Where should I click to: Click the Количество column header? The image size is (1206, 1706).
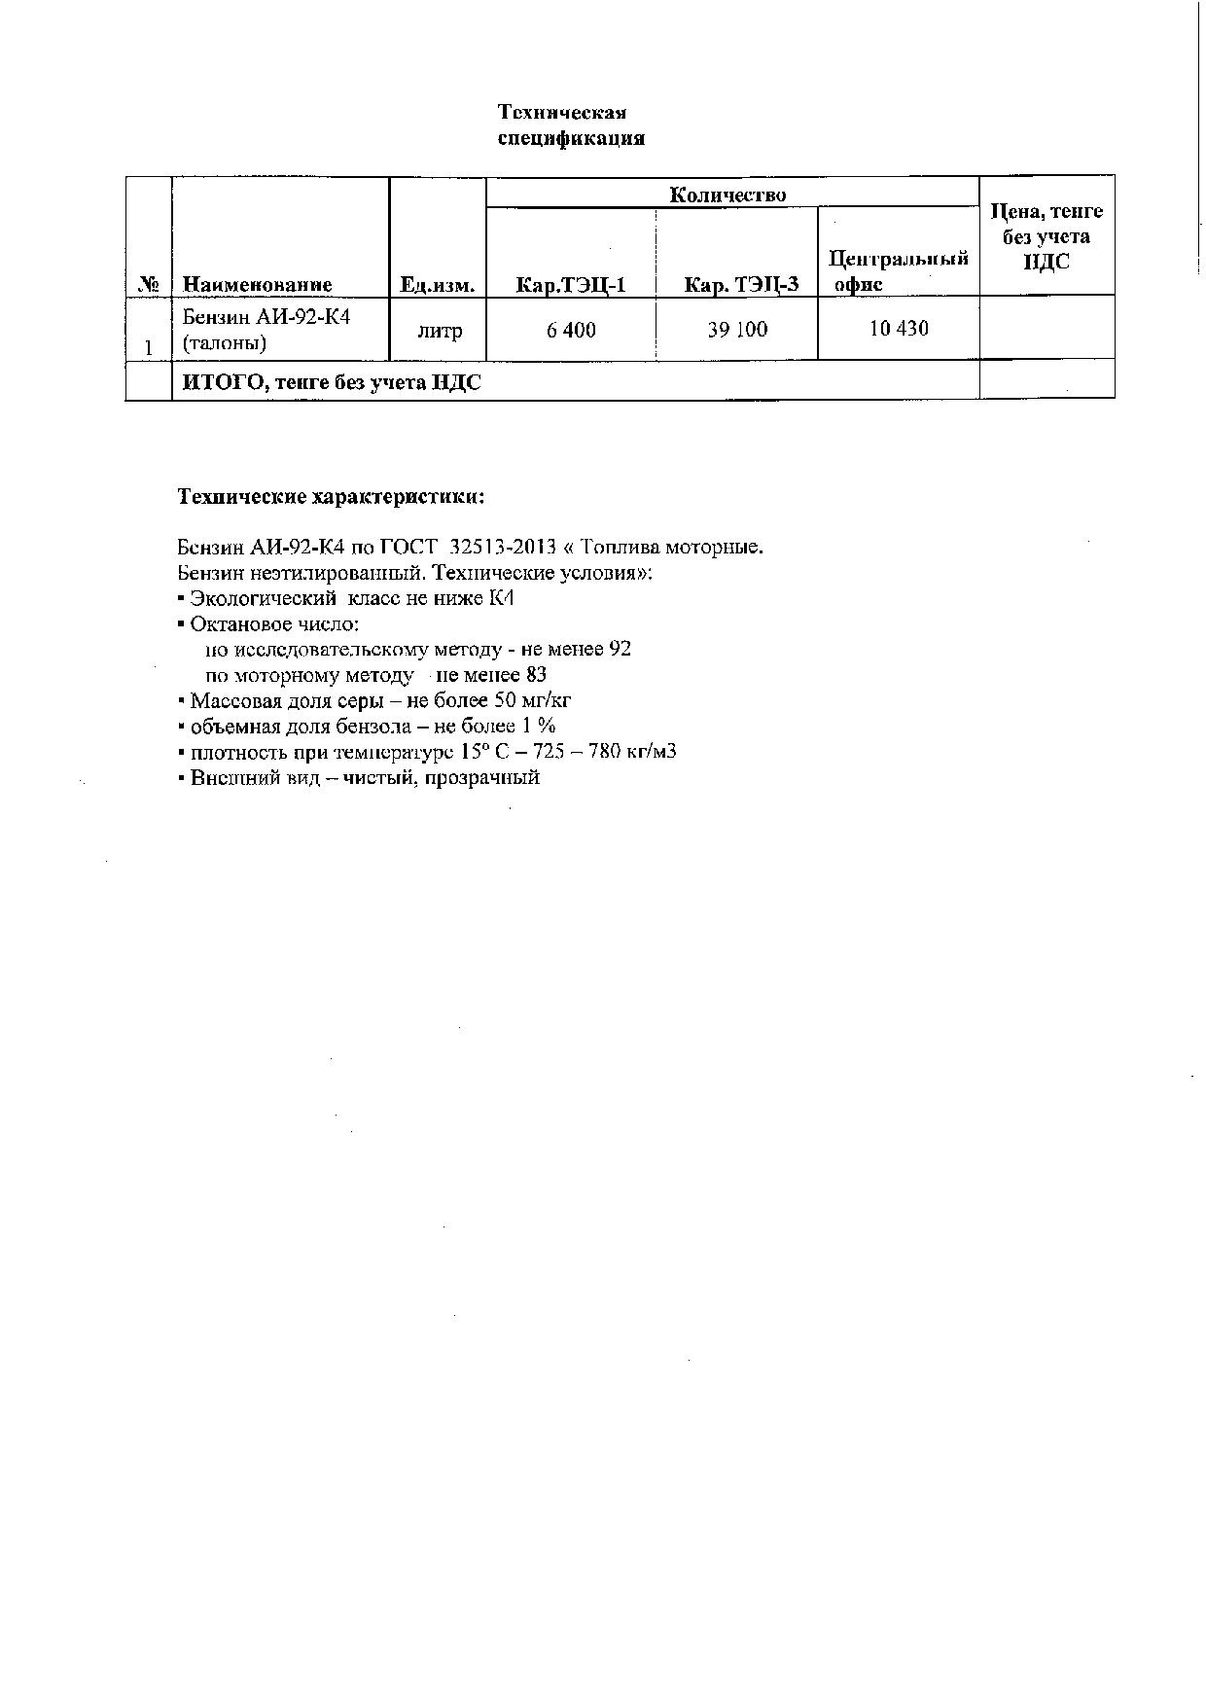pos(727,195)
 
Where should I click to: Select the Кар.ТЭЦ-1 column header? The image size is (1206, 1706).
pos(571,285)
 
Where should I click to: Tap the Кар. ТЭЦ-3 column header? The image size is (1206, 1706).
pos(742,285)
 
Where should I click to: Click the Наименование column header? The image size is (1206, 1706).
pos(258,285)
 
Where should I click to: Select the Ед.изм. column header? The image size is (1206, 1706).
pos(437,285)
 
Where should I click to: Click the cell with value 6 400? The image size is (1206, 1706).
pos(571,331)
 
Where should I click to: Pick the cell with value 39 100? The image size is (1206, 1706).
pos(737,330)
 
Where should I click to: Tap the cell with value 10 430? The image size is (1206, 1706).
pos(899,329)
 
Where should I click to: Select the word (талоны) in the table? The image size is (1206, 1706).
pos(225,343)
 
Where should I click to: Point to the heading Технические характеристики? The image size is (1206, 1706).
pos(331,497)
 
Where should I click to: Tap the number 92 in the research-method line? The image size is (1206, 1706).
pos(620,649)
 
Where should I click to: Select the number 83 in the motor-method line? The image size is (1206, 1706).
pos(535,675)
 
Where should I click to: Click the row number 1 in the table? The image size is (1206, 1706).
pos(149,346)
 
